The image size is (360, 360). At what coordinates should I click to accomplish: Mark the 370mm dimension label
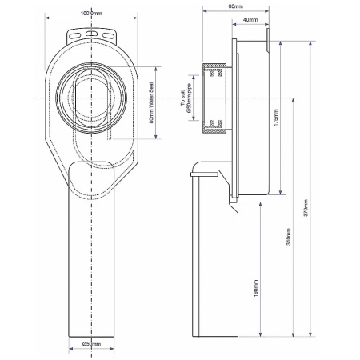tap(306, 210)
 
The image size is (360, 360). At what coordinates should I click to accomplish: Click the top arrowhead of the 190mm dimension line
tap(261, 203)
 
